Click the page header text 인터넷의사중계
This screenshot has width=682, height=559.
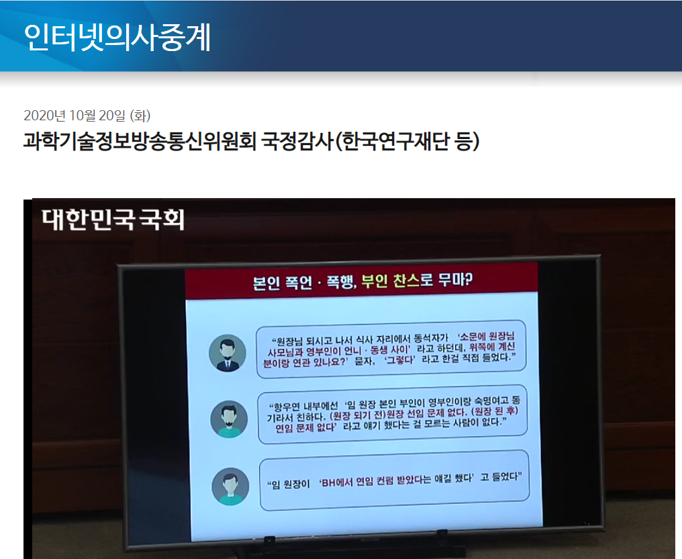point(117,37)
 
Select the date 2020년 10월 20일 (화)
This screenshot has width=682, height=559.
point(87,116)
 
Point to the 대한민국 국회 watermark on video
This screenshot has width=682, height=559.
point(112,219)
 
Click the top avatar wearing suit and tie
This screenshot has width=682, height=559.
point(228,353)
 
